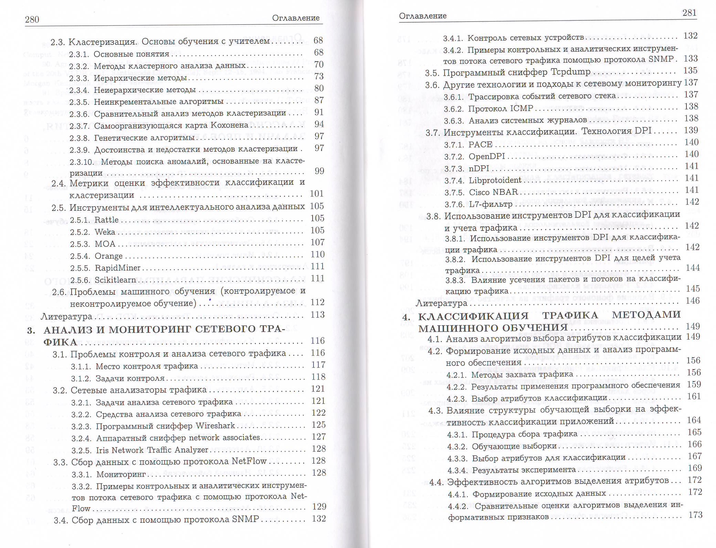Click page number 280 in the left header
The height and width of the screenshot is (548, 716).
32,20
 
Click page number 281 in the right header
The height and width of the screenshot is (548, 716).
689,13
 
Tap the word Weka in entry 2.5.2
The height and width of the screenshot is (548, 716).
105,232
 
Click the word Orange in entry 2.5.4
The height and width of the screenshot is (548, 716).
108,256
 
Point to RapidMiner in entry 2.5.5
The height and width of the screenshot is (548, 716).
117,268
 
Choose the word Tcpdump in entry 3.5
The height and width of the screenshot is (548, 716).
571,72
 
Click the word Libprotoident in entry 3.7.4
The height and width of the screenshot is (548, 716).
495,180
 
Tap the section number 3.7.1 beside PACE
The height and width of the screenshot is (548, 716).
454,145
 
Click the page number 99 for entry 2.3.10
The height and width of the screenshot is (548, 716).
319,171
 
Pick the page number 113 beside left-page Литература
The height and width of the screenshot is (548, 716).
317,315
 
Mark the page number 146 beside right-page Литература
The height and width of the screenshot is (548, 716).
692,301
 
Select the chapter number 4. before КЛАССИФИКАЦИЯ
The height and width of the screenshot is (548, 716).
406,317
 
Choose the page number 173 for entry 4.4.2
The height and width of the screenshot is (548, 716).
695,515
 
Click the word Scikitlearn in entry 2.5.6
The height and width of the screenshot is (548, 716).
115,280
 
